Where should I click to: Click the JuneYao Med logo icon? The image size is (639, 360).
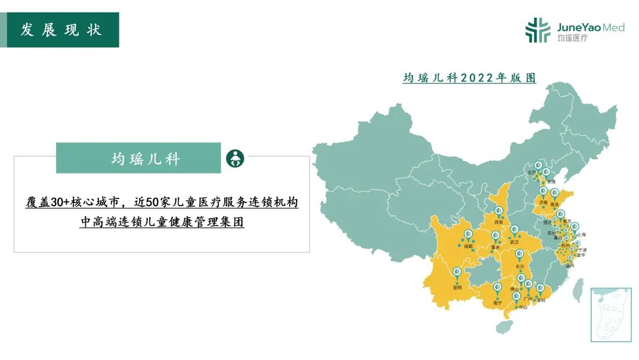coord(538,30)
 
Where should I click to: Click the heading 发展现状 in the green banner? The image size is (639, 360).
coord(61,30)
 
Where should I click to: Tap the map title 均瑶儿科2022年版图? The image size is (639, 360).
coord(469,78)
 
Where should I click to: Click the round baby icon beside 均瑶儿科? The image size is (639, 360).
coord(235,159)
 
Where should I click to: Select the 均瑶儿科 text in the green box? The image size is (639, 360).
coord(146,159)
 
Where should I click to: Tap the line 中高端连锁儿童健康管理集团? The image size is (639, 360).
coord(162,223)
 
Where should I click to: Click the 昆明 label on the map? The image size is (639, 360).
coord(456,288)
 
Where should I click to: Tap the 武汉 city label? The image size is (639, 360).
coord(514,242)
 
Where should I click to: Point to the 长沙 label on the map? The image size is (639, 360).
coord(519,267)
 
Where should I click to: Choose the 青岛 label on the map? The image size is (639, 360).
coord(554,204)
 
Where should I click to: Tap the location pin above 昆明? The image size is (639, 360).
coord(456,273)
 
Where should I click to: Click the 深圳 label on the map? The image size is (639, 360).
coord(540,300)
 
